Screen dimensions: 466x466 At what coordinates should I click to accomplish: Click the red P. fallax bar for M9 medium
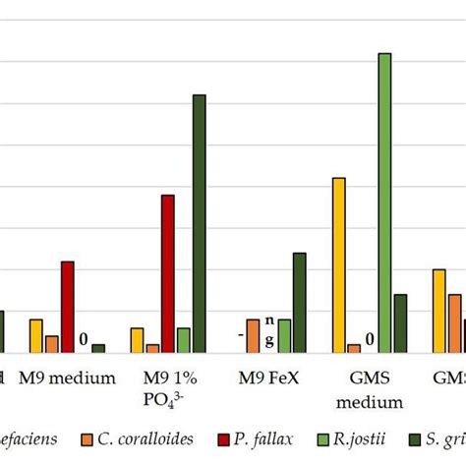click(x=67, y=306)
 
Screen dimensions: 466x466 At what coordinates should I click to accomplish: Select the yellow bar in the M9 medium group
click(x=36, y=335)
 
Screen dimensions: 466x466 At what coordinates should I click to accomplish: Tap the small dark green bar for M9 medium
click(x=98, y=348)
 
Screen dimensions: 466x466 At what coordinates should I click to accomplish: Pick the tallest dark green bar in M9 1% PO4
click(x=200, y=223)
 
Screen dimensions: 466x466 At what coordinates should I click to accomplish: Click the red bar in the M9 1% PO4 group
click(x=168, y=273)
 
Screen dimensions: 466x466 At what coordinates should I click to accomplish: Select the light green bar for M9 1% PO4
click(x=184, y=339)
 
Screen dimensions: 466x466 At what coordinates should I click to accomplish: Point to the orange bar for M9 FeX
click(x=253, y=335)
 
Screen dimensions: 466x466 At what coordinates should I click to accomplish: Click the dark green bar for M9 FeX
click(x=300, y=302)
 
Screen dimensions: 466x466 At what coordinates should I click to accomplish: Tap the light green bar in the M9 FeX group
click(x=284, y=335)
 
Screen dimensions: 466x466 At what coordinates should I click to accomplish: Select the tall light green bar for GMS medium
click(x=384, y=202)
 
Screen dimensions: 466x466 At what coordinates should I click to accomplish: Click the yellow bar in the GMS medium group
click(x=339, y=264)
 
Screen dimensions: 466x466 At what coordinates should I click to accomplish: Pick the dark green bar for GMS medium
click(x=400, y=322)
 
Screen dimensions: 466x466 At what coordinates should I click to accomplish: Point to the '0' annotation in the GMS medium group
click(x=370, y=341)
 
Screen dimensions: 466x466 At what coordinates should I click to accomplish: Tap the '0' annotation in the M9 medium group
click(x=84, y=341)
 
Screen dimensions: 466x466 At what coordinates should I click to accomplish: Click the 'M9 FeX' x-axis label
click(x=275, y=378)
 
